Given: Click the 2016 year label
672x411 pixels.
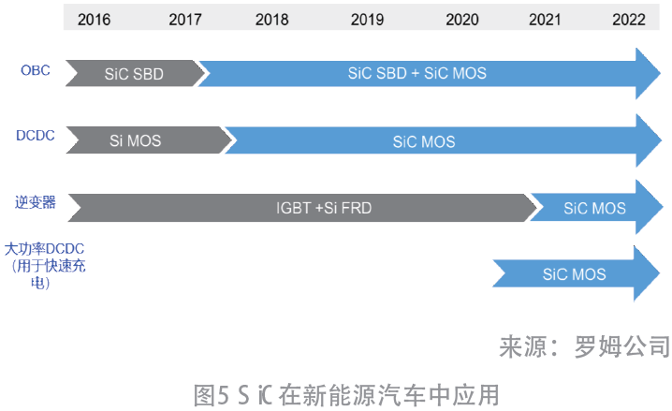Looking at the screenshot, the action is click(94, 20).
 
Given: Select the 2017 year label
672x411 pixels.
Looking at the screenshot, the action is click(184, 20).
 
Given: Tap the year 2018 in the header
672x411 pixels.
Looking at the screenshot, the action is click(271, 20).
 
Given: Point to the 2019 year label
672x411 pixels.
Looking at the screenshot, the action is click(367, 20).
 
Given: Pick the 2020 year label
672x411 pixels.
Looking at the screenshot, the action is click(462, 20).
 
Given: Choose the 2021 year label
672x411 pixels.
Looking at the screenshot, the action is click(545, 20).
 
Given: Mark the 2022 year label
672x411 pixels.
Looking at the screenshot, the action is click(629, 20).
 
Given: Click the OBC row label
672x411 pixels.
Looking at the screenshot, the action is click(36, 70).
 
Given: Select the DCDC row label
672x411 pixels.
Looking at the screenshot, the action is click(36, 136).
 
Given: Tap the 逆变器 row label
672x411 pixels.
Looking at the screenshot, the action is click(36, 202).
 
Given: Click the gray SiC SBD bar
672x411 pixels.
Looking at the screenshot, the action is click(135, 73).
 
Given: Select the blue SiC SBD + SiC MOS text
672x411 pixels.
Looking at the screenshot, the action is click(417, 73).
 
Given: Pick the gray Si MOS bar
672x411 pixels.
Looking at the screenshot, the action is click(148, 140).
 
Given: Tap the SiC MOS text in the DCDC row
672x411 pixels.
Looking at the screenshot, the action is click(424, 141).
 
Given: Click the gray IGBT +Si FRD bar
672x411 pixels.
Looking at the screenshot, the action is click(302, 208).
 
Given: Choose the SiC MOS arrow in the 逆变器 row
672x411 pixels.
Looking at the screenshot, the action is click(596, 208).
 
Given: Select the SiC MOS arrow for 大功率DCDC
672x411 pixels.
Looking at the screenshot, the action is click(576, 273).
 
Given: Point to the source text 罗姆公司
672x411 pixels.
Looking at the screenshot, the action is click(621, 346).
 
